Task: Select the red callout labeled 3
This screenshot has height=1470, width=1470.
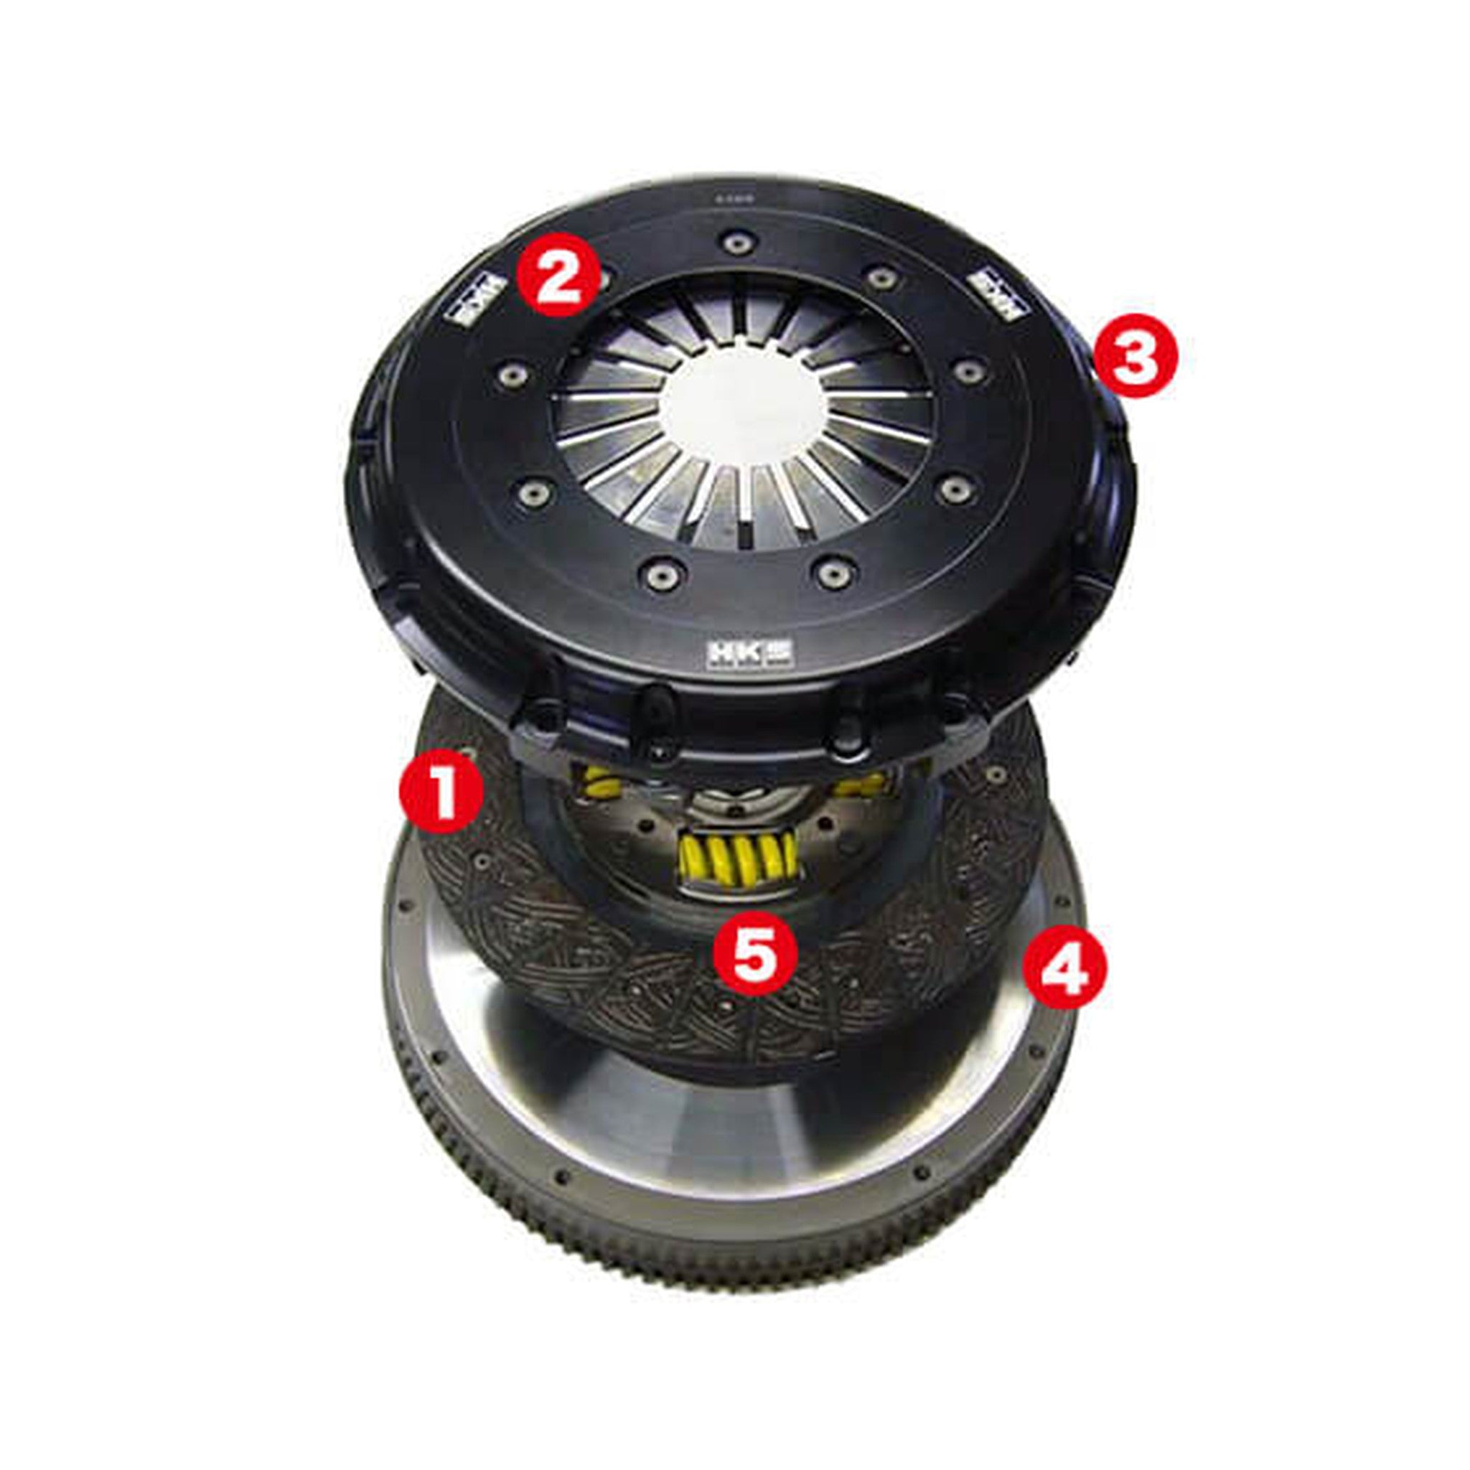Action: coord(1133,357)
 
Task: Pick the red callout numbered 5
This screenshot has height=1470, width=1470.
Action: coord(755,952)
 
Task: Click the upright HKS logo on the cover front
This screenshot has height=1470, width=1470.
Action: coord(750,654)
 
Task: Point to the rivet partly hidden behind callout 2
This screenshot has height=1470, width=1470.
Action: coord(604,280)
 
